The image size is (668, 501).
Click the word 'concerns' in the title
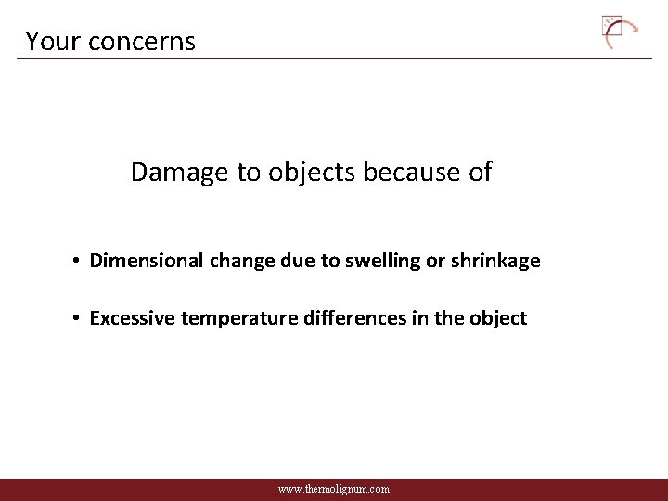pos(150,42)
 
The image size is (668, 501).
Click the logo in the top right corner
pos(620,32)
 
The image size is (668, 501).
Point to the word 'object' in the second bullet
pos(498,318)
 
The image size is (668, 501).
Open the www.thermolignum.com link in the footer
pos(334,489)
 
